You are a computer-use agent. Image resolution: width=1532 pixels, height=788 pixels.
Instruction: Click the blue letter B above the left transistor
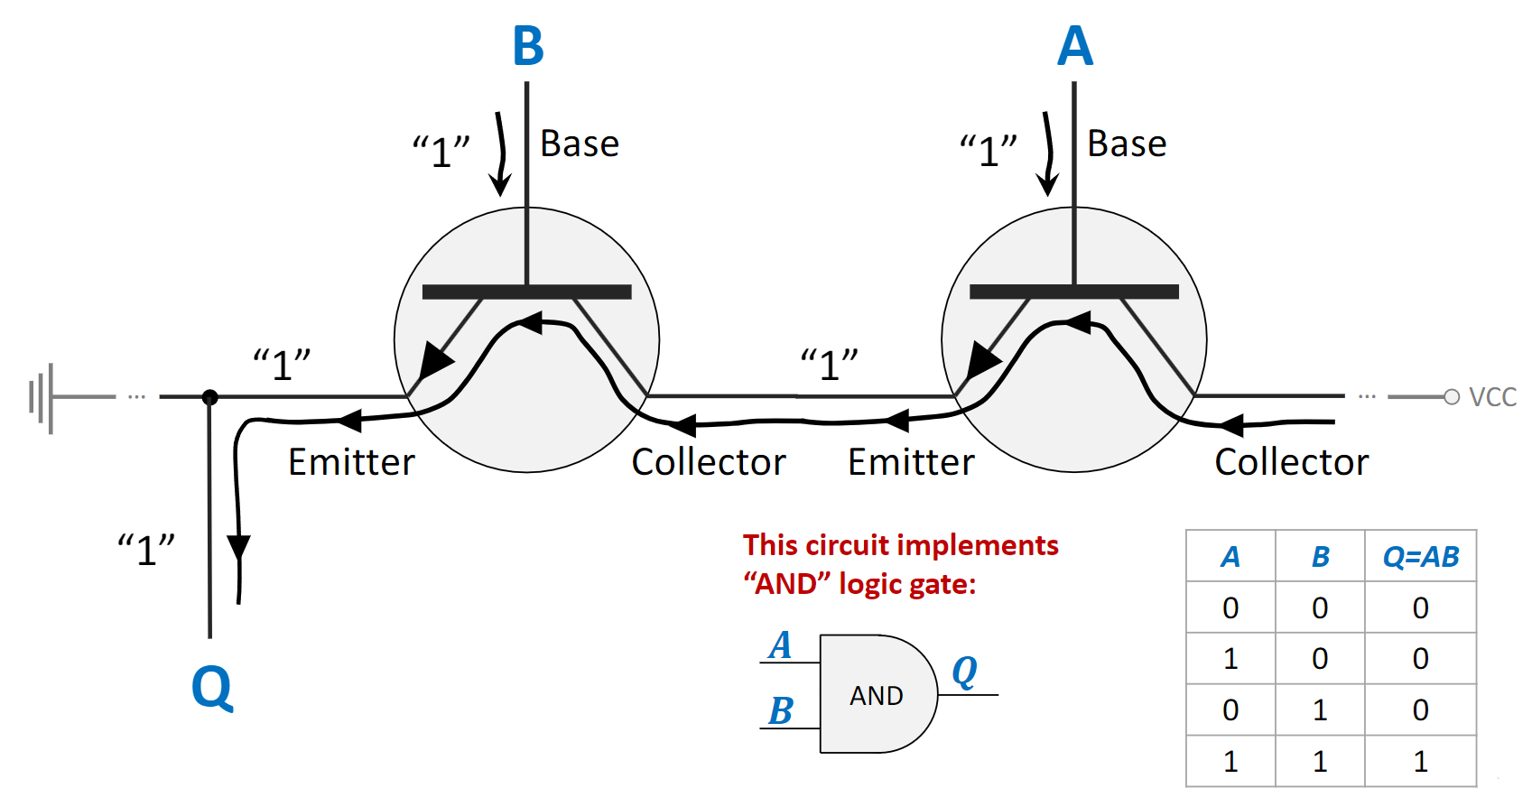tap(528, 46)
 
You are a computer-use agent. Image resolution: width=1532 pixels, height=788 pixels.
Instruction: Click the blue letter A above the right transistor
tap(1075, 46)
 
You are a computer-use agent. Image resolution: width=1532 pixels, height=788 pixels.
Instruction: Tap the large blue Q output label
tap(212, 688)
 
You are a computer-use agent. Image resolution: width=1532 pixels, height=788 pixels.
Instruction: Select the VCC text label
tap(1492, 397)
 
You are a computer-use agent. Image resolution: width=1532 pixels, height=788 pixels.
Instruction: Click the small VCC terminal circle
tap(1452, 397)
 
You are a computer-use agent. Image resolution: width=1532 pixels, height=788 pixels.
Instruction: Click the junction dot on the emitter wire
tap(210, 396)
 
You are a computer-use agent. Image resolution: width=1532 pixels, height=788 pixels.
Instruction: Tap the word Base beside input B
tap(580, 144)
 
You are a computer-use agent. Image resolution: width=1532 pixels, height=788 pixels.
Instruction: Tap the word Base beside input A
tap(1127, 144)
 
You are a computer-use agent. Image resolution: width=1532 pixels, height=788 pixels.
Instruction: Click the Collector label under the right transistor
tap(1291, 462)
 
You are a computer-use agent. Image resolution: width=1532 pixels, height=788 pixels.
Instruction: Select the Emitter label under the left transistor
tap(351, 462)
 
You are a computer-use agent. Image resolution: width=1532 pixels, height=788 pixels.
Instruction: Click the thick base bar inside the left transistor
tap(527, 292)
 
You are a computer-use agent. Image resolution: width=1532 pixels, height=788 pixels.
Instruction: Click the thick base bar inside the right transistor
tap(1074, 292)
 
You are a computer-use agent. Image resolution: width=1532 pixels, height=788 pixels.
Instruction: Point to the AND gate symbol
tap(876, 694)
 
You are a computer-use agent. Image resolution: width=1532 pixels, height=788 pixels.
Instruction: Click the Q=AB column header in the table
tap(1420, 557)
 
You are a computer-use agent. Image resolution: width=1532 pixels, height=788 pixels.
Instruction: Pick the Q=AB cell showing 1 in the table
tap(1420, 762)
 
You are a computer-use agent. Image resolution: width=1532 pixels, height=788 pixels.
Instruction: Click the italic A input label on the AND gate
tap(781, 645)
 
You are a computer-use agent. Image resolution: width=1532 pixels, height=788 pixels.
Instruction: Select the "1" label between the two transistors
tap(829, 365)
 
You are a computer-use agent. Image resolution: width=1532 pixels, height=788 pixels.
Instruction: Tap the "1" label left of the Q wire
tap(146, 549)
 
